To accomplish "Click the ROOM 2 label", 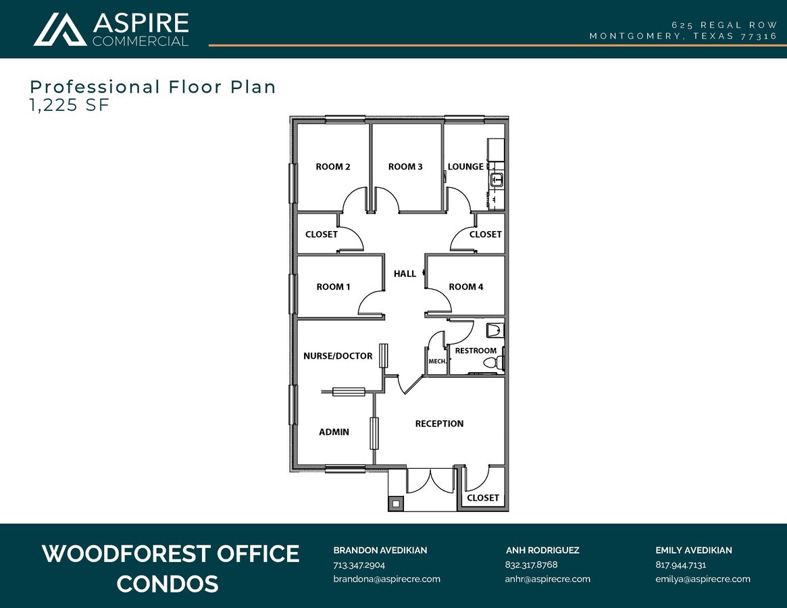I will pyautogui.click(x=332, y=167).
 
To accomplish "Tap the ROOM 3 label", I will pyautogui.click(x=405, y=167).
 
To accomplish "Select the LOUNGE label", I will pyautogui.click(x=465, y=167).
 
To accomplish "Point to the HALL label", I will pyautogui.click(x=405, y=274).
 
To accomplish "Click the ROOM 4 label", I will pyautogui.click(x=466, y=286).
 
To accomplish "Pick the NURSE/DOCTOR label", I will pyautogui.click(x=338, y=356).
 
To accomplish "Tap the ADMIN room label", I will pyautogui.click(x=334, y=432).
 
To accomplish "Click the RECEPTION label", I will pyautogui.click(x=439, y=424).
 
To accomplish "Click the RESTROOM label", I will pyautogui.click(x=476, y=351).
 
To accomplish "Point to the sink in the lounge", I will pyautogui.click(x=497, y=180).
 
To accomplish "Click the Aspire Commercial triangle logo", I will pyautogui.click(x=60, y=29).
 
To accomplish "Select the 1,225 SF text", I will pyautogui.click(x=69, y=105).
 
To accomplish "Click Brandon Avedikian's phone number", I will pyautogui.click(x=359, y=565).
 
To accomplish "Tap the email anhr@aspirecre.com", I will pyautogui.click(x=547, y=579).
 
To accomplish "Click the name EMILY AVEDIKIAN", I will pyautogui.click(x=693, y=551).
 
